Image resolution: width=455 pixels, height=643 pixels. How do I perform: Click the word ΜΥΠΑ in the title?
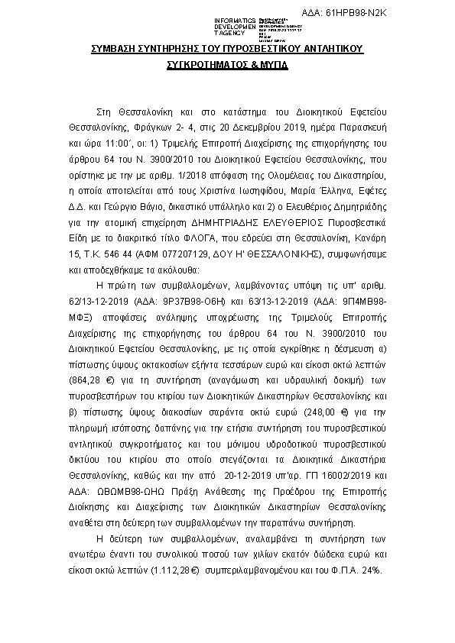[x=273, y=66]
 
